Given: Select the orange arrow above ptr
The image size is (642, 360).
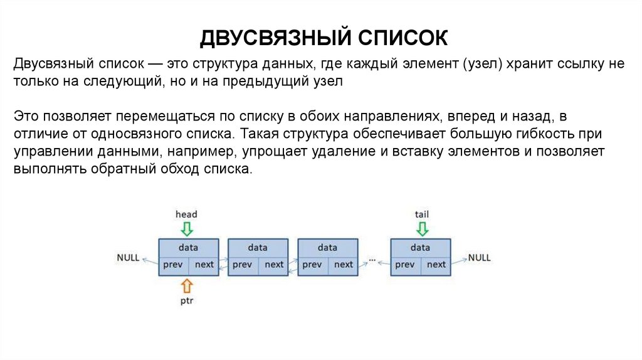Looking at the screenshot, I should (x=186, y=286).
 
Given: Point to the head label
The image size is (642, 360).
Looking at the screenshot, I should (x=186, y=214).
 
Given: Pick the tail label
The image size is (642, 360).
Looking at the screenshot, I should (x=421, y=214).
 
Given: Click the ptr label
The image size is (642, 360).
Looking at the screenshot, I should (x=186, y=300).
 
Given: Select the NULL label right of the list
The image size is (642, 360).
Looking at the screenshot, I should (x=480, y=258).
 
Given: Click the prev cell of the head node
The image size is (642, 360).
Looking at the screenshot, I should (x=172, y=265).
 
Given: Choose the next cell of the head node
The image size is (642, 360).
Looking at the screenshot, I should (x=204, y=265).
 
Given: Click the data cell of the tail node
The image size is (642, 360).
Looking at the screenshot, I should (x=420, y=247).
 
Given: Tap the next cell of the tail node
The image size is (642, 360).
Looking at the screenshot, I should (x=436, y=265).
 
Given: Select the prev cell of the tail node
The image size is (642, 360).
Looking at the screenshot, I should (x=405, y=265).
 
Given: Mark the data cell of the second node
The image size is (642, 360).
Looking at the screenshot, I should (x=258, y=247).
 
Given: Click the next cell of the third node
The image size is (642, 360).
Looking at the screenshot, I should (x=343, y=265).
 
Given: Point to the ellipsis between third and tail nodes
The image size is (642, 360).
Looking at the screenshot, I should (x=374, y=258).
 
